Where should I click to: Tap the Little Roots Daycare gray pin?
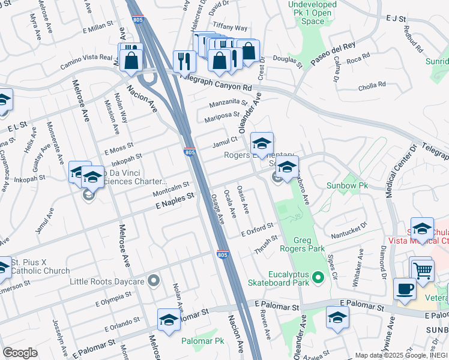(154, 280)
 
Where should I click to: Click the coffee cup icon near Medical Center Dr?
(405, 289)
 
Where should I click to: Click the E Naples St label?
(173, 196)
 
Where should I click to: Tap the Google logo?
(20, 352)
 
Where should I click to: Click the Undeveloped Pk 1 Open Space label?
(315, 13)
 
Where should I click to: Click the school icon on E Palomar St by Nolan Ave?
(169, 320)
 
